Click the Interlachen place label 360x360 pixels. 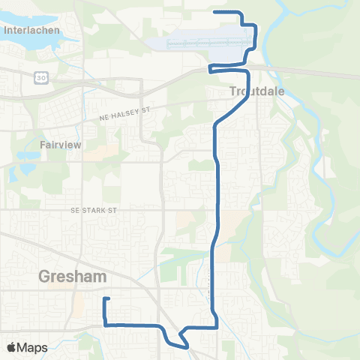coord(26,31)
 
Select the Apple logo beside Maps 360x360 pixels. coord(12,347)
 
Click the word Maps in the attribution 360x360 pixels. coord(33,347)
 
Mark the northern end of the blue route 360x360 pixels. coord(215,11)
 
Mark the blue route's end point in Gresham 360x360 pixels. coord(103,299)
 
